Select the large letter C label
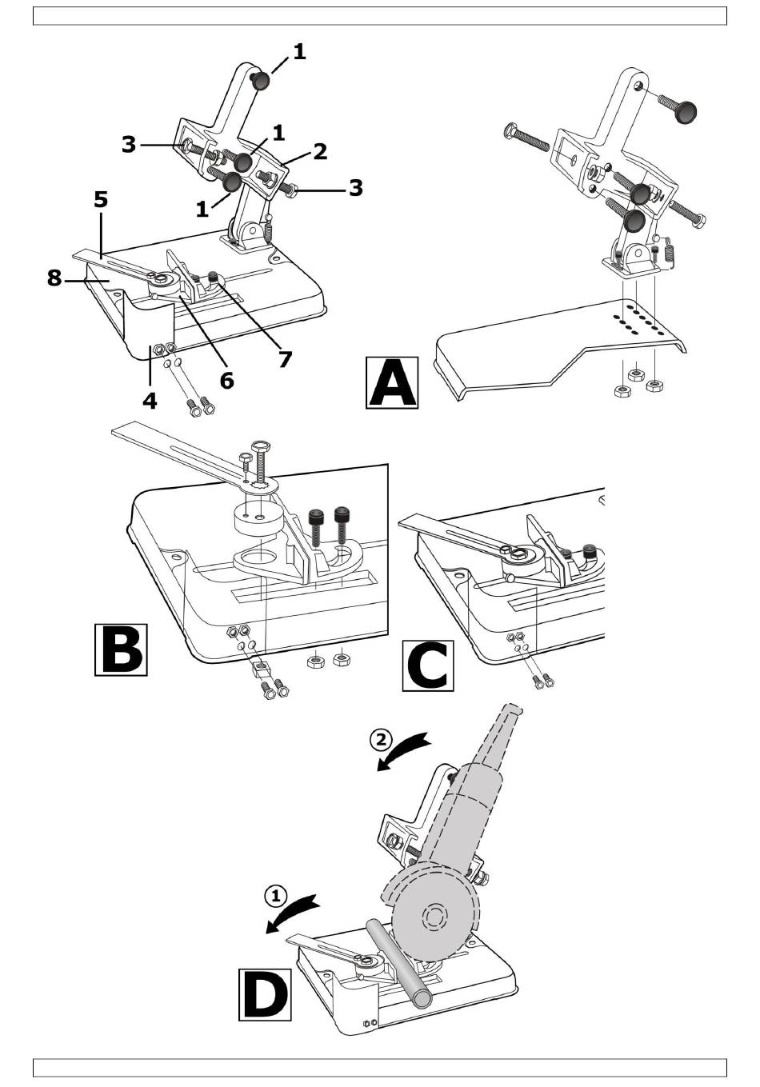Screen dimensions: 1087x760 coord(428,665)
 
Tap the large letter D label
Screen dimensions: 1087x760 coord(265,993)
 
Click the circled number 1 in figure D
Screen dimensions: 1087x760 coord(275,895)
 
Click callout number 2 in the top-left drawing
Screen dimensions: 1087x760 coord(320,151)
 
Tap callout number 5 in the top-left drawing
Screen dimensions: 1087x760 coord(101,199)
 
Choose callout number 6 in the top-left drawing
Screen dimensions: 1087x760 coord(227,381)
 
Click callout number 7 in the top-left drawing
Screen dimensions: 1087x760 coord(285,359)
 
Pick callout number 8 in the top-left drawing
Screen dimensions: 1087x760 coord(54,278)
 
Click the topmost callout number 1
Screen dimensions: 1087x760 coord(298,52)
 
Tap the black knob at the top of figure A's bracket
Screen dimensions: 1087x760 coord(686,113)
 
